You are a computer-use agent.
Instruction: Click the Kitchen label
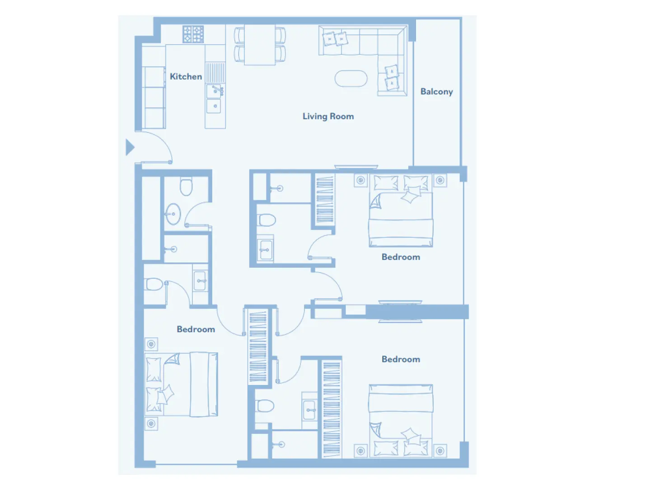(x=186, y=77)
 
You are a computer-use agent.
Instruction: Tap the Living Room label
(x=328, y=117)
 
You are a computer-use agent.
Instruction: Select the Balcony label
(x=436, y=92)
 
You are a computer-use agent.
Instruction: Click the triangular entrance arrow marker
(x=130, y=147)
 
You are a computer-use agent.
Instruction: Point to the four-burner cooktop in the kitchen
(x=193, y=34)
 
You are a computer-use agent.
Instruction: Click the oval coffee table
(x=351, y=79)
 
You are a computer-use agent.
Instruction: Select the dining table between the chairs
(x=260, y=45)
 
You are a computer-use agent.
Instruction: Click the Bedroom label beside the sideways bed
(x=196, y=329)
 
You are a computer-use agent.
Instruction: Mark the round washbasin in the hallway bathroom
(x=173, y=214)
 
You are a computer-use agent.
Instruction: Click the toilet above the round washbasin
(x=186, y=186)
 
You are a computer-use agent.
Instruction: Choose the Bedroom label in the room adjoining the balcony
(x=401, y=257)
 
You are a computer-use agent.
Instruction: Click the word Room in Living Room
(x=342, y=117)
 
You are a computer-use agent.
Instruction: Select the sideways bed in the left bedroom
(x=182, y=384)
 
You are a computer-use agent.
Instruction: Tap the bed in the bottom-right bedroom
(x=401, y=420)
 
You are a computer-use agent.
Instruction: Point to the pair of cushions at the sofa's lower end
(x=391, y=78)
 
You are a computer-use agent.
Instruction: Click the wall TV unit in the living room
(x=356, y=167)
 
